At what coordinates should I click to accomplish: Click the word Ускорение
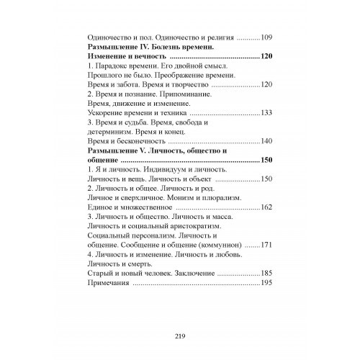click(x=106, y=114)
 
